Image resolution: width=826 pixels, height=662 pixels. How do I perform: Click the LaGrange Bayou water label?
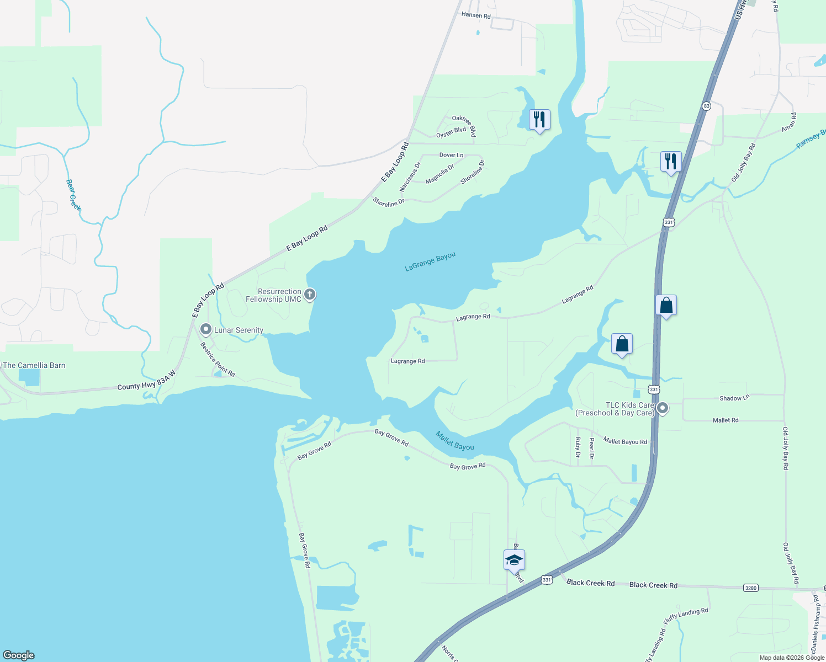pos(430,262)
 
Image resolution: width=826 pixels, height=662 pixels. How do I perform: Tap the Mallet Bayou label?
pos(454,440)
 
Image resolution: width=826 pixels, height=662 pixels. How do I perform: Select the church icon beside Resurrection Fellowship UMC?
pos(310,294)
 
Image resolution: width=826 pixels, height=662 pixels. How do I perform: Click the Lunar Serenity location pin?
pos(206,330)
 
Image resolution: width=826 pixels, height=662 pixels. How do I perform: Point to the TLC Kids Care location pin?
pos(663,409)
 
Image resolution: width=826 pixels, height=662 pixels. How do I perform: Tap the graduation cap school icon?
pos(514,560)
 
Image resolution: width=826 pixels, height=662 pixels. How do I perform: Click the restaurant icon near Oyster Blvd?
pos(539,120)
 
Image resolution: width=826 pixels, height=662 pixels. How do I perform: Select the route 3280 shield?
pos(751,588)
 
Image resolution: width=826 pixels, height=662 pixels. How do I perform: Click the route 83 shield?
pos(706,105)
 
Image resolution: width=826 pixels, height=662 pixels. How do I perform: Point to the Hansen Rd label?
pos(475,15)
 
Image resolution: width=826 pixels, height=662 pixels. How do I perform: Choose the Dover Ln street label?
pos(451,155)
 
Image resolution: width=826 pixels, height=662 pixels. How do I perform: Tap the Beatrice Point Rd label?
pos(218,359)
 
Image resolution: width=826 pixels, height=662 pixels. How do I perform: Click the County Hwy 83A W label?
pos(146,380)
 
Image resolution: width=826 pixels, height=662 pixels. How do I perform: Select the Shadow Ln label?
pos(734,398)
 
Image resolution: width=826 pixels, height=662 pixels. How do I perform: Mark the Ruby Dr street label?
pos(578,447)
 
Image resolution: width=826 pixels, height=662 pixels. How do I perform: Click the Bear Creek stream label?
pos(73,195)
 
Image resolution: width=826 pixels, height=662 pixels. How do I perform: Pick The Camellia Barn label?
pos(34,365)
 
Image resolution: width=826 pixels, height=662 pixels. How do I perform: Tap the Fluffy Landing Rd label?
pos(686,616)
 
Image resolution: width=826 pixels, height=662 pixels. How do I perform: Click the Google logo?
pos(19,655)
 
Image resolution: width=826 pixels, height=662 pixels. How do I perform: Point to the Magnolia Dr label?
pos(440,174)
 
